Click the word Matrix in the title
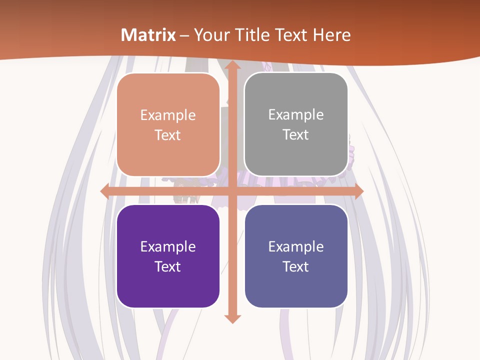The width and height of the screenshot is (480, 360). coord(148,35)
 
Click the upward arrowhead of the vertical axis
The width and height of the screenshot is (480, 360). coord(232,66)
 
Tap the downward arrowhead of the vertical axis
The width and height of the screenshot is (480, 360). coord(232,318)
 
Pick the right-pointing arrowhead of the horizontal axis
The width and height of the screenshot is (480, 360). coord(358,191)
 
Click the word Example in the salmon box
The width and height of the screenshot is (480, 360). coord(168,115)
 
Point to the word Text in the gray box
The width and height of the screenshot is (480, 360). coord(296,135)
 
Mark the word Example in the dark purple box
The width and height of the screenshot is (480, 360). coord(168,246)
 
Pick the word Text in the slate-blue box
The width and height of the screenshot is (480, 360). coord(296,266)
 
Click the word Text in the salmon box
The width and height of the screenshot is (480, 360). coord(168,135)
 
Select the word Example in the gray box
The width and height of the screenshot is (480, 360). coord(296,115)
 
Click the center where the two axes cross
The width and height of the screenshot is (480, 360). coord(232,191)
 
